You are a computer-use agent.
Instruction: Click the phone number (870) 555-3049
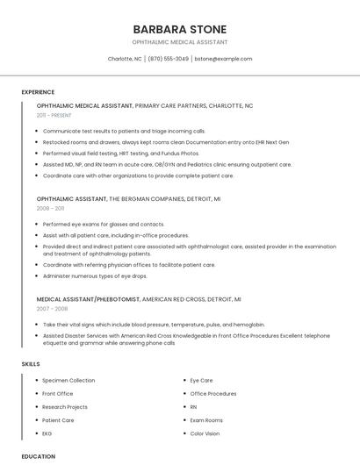coord(168,59)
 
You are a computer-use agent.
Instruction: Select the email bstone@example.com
coord(223,59)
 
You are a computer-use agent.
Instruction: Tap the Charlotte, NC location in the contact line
coord(124,59)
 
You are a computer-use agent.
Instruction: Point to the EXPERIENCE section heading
coord(38,92)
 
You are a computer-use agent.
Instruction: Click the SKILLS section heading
coord(31,363)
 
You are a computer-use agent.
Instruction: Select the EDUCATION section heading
coord(38,456)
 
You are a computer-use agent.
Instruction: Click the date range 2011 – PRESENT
coord(54,115)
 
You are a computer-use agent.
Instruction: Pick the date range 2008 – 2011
coord(50,209)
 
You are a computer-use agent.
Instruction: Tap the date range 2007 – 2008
coord(51,309)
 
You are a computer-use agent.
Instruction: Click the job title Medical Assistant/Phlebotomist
coord(88,299)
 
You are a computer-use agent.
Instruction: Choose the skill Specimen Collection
coord(68,381)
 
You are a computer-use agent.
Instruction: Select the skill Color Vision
coord(205,433)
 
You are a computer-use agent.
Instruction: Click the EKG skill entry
coord(47,433)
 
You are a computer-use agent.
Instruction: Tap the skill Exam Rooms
coord(206,420)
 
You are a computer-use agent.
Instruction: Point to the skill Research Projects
coord(65,407)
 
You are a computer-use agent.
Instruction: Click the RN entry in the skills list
coord(193,407)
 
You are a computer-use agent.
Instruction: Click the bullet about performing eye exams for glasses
coord(104,224)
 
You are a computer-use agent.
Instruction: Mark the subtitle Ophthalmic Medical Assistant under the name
coord(179,42)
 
